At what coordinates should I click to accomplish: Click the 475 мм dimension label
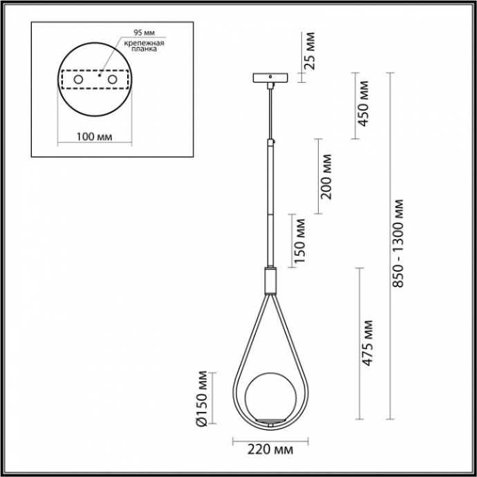368,342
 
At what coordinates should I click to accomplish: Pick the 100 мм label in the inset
93,136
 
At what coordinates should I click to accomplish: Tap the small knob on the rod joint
274,142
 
